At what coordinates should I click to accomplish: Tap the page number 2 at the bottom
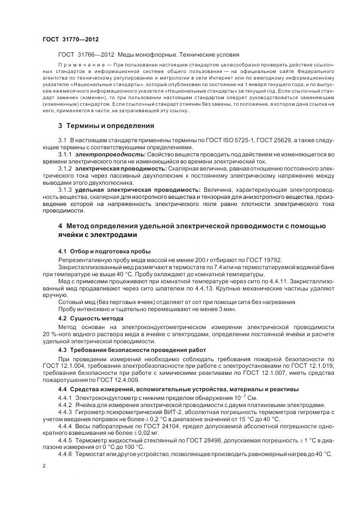point(44,466)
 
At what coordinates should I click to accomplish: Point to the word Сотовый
point(70,301)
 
